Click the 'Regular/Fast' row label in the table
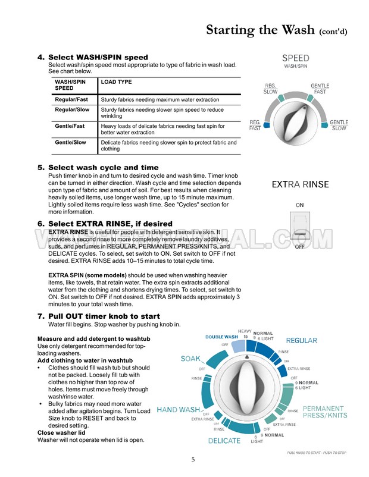pos(72,99)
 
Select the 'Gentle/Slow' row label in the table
pos(70,143)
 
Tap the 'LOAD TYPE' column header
pos(117,82)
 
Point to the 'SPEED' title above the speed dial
pos(295,58)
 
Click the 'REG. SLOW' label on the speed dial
pos(270,89)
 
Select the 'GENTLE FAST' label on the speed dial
pos(320,89)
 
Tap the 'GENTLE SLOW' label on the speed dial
pos(339,125)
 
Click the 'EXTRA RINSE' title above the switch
pos(300,184)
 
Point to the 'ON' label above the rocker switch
pos(300,205)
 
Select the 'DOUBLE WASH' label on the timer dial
pos(222,337)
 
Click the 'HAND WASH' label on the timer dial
pos(178,410)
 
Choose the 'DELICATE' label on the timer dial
pos(224,441)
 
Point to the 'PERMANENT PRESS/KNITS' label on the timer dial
pos(324,413)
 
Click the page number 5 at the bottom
pos(193,459)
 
